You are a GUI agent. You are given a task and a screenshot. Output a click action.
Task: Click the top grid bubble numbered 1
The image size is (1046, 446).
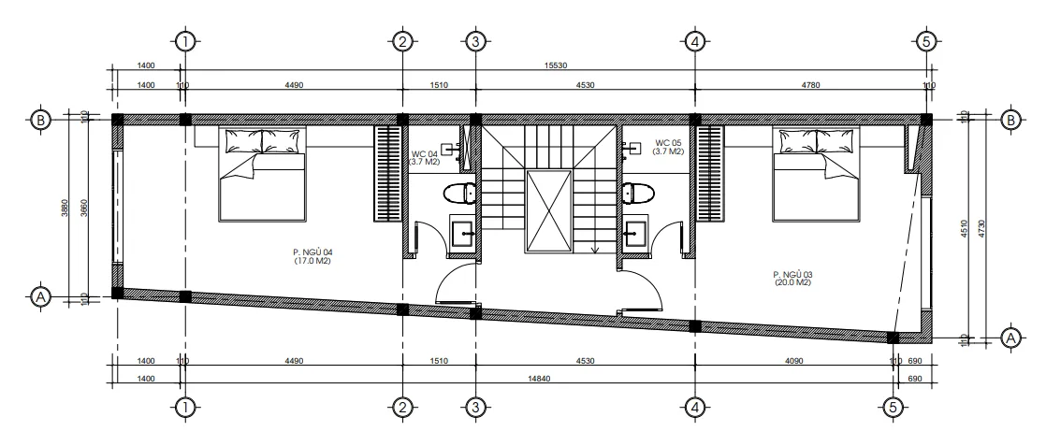tap(185, 41)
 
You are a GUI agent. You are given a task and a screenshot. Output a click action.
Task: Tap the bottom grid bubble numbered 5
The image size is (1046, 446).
tap(893, 408)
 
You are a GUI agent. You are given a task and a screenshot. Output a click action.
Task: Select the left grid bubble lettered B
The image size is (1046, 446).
tap(41, 120)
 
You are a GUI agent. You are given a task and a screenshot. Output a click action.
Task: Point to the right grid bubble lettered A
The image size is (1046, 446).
tap(1011, 338)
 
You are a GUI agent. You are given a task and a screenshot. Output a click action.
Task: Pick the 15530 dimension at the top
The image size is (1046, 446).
tap(556, 65)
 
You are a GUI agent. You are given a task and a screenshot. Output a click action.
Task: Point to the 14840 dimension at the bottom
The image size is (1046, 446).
tap(538, 379)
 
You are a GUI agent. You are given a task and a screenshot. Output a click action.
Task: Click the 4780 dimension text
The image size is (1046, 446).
tap(810, 85)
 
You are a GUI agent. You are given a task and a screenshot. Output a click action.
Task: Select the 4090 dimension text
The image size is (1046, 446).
tap(793, 361)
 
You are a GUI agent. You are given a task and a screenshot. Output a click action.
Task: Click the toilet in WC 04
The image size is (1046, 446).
tap(459, 194)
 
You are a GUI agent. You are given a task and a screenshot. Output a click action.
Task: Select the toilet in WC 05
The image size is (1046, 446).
tap(638, 194)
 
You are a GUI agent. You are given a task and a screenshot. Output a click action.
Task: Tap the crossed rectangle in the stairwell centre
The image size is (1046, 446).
tap(549, 210)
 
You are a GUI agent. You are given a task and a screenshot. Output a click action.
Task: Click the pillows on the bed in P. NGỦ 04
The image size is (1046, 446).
tap(262, 141)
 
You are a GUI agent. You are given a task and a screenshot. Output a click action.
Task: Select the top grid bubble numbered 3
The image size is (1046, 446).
tap(475, 41)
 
